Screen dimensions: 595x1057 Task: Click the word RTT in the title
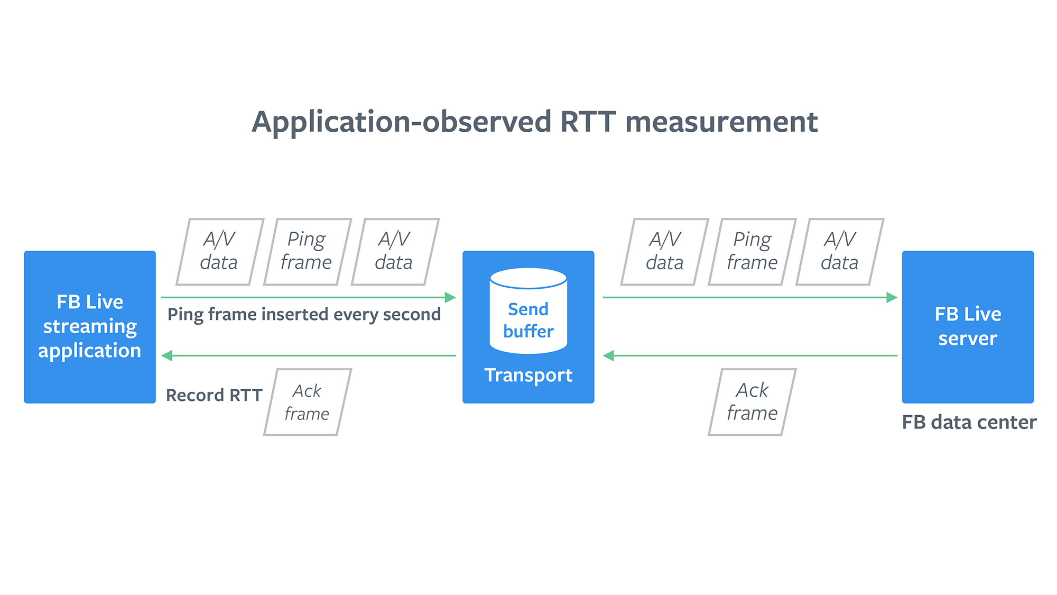click(x=588, y=122)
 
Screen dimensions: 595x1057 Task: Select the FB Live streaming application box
click(x=90, y=327)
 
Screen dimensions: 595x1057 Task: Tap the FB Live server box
click(x=968, y=327)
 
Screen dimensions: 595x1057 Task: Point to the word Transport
click(x=528, y=375)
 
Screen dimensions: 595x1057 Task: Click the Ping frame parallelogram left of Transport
click(x=307, y=252)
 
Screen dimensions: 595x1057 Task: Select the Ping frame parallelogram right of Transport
click(x=752, y=252)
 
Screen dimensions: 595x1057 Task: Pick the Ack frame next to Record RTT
click(x=307, y=402)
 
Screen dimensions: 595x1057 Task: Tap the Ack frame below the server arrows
click(x=752, y=402)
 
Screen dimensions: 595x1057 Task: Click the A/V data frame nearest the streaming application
click(x=220, y=252)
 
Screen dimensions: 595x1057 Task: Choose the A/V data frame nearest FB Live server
click(x=840, y=252)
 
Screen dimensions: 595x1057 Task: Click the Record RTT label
click(x=214, y=395)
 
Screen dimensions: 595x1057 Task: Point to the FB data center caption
click(x=969, y=422)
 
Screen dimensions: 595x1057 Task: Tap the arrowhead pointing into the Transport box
click(x=450, y=297)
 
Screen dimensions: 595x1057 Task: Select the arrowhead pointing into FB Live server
click(x=892, y=297)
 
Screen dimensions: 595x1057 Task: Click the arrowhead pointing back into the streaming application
click(x=166, y=355)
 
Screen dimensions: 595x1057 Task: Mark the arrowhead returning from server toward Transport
click(x=608, y=355)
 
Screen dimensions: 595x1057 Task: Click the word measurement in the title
click(x=721, y=122)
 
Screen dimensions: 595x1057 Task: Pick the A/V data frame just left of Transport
click(x=395, y=252)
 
